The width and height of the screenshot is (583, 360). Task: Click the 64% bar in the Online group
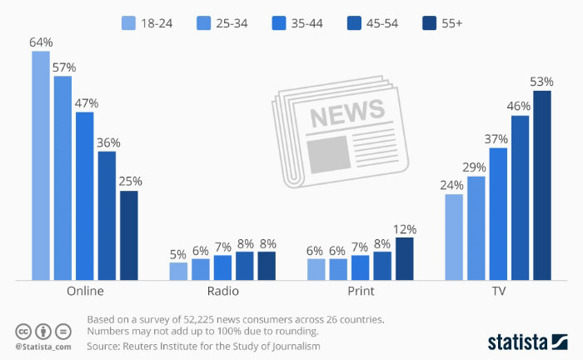click(41, 166)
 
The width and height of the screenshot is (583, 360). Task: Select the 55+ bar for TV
click(542, 185)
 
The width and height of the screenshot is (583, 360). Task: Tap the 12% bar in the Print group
click(405, 259)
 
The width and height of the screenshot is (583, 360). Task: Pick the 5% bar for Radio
click(178, 271)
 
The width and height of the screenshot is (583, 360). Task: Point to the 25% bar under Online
click(129, 235)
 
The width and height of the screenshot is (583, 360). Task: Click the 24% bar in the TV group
click(454, 237)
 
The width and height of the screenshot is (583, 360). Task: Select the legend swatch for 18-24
click(128, 23)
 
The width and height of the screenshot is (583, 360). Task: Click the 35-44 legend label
click(307, 23)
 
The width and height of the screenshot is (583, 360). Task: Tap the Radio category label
click(222, 291)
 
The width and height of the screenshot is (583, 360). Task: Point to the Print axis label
click(361, 291)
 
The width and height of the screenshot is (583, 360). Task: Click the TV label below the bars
click(498, 291)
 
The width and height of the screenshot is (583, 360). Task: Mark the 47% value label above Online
click(87, 103)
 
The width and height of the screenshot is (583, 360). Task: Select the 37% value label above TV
click(496, 139)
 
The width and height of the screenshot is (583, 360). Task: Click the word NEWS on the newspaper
click(347, 112)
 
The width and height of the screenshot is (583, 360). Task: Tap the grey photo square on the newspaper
click(329, 154)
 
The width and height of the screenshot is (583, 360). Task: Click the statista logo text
click(517, 342)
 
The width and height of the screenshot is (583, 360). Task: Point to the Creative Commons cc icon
click(23, 332)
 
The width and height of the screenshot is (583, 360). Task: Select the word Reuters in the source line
click(139, 346)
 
